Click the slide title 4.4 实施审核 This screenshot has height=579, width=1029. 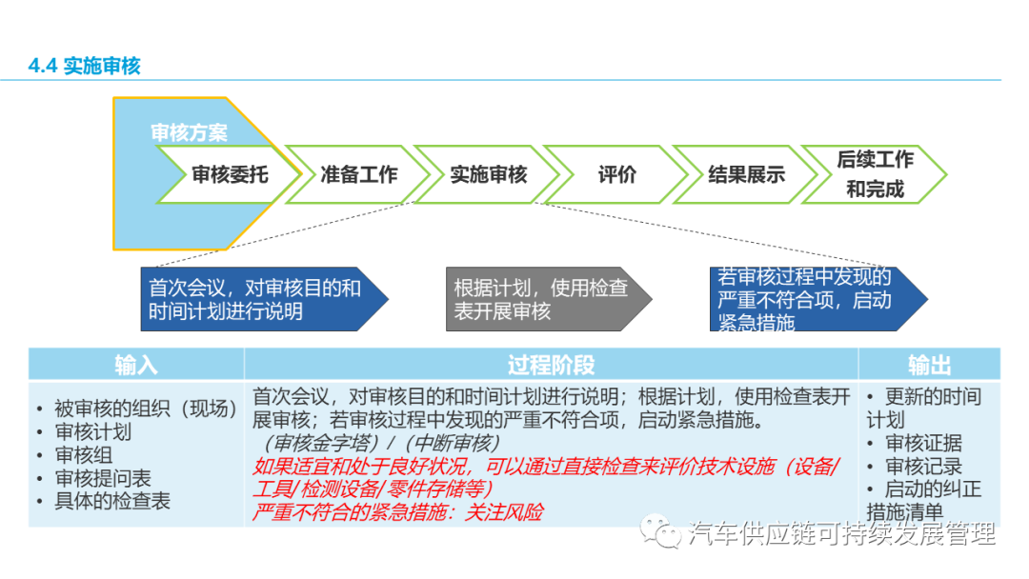click(85, 66)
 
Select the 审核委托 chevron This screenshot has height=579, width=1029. click(230, 175)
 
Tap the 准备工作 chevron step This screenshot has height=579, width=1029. click(358, 175)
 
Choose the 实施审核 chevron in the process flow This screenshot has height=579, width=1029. click(488, 175)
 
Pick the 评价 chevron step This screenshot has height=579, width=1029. click(616, 175)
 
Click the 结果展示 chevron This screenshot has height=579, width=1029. click(746, 175)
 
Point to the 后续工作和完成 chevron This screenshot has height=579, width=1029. click(875, 173)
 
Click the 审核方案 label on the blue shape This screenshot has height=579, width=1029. click(189, 133)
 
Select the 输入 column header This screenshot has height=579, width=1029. click(136, 365)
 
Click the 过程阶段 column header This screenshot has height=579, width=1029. click(551, 365)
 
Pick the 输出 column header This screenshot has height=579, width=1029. click(929, 365)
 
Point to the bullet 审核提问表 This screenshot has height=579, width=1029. click(103, 478)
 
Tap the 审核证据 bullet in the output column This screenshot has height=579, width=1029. click(923, 443)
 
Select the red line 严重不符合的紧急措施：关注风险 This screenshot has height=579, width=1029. click(397, 512)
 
